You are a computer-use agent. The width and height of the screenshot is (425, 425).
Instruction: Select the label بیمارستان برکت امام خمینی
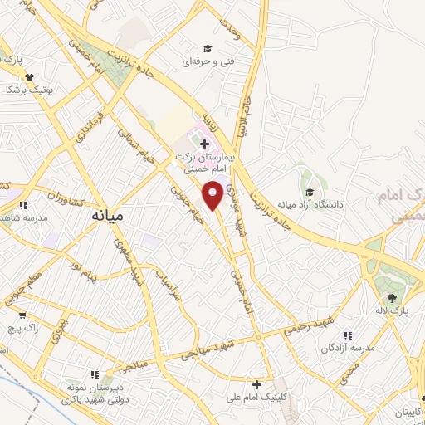205,161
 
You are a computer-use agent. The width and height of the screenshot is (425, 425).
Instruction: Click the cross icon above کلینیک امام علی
257,385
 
